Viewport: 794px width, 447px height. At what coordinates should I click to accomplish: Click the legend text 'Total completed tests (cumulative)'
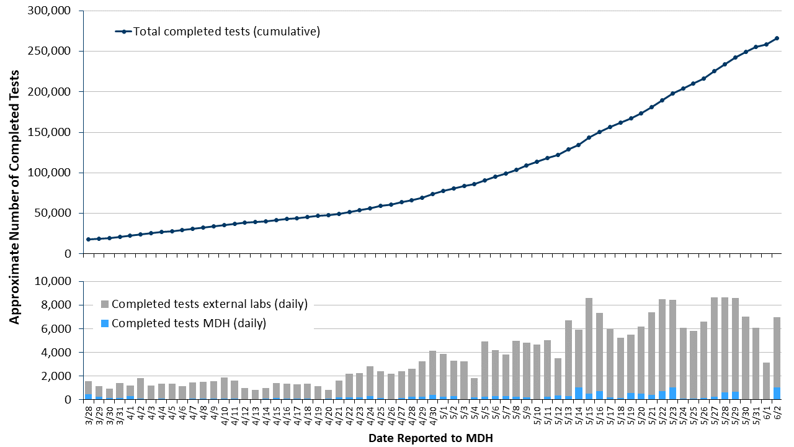pyautogui.click(x=226, y=32)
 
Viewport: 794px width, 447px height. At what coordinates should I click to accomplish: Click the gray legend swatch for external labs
pyautogui.click(x=105, y=304)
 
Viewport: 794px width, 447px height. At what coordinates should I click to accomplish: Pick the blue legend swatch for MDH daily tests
pyautogui.click(x=105, y=323)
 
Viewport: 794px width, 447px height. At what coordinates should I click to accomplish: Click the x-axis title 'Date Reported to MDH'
pyautogui.click(x=430, y=438)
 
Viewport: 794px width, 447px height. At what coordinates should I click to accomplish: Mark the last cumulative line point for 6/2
pyautogui.click(x=777, y=38)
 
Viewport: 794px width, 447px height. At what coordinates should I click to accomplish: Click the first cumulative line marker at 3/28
pyautogui.click(x=88, y=239)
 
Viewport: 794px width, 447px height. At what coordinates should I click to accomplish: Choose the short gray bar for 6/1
pyautogui.click(x=766, y=381)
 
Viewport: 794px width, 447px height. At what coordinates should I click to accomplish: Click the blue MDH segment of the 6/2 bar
pyautogui.click(x=777, y=393)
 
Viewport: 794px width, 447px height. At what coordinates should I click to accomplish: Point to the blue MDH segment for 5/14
pyautogui.click(x=578, y=393)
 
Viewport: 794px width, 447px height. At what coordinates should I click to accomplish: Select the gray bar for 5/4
pyautogui.click(x=474, y=387)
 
